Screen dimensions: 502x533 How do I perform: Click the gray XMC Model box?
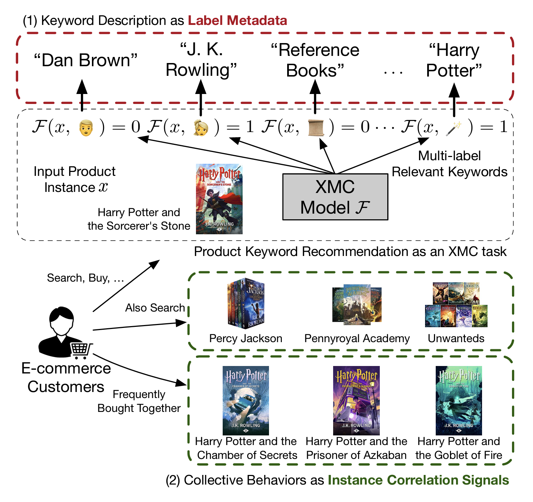click(x=335, y=197)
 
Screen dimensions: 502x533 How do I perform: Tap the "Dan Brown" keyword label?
click(x=86, y=60)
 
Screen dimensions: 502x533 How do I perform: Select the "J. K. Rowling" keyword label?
click(x=201, y=60)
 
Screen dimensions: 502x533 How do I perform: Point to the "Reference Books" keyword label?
click(x=315, y=60)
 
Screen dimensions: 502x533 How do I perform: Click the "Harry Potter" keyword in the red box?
click(x=454, y=60)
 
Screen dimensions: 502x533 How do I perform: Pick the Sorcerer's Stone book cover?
click(x=219, y=199)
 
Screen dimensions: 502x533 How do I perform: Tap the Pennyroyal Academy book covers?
click(x=357, y=304)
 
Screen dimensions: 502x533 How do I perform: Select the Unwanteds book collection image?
click(x=456, y=305)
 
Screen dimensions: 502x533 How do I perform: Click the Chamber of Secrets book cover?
click(x=245, y=400)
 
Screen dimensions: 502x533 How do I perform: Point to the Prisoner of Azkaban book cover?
click(x=356, y=400)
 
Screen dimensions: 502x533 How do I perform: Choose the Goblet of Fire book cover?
click(x=459, y=400)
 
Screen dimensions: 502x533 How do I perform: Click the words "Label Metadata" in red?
click(x=238, y=21)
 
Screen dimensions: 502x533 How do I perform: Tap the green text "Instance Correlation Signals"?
click(x=418, y=480)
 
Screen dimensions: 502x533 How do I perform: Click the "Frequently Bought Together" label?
click(x=139, y=401)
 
